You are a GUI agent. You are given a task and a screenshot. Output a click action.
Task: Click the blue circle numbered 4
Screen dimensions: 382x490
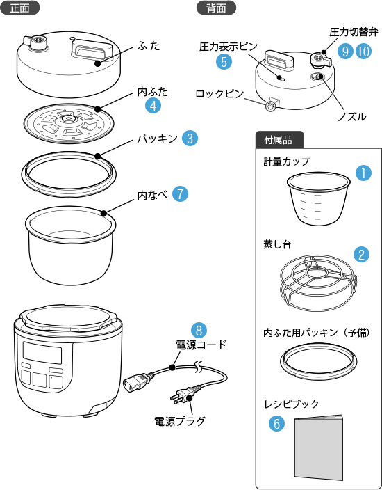(x=153, y=106)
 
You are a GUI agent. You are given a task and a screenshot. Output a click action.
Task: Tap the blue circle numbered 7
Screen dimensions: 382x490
(x=180, y=193)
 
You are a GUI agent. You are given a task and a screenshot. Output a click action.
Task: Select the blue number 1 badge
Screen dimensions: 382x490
(x=364, y=173)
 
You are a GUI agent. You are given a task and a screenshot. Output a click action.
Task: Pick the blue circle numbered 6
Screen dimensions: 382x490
(x=277, y=424)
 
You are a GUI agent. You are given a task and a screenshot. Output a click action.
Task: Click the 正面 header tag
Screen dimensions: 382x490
(x=19, y=8)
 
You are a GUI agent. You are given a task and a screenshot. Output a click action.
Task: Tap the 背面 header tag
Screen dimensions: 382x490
(x=216, y=8)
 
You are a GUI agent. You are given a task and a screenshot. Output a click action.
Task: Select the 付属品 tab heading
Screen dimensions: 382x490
(x=279, y=140)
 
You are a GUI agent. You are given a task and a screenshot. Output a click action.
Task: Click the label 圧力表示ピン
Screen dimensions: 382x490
(x=229, y=47)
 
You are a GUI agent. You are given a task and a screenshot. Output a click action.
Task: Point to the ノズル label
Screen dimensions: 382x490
(x=352, y=117)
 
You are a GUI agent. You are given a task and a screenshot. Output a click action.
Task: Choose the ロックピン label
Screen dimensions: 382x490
(x=219, y=93)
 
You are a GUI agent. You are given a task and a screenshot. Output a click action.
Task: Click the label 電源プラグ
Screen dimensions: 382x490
(x=180, y=421)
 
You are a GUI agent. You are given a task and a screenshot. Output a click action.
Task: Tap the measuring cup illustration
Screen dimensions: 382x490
(x=318, y=198)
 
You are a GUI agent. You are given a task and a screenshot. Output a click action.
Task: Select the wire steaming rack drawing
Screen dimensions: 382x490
(x=318, y=283)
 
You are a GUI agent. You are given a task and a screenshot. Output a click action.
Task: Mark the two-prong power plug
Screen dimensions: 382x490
(x=183, y=395)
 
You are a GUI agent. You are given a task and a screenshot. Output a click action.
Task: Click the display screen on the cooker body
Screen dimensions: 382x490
(x=42, y=352)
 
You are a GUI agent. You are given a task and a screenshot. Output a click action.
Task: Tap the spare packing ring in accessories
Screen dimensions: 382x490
(x=318, y=361)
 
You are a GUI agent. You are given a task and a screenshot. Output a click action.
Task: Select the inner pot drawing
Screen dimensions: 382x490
(x=70, y=245)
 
